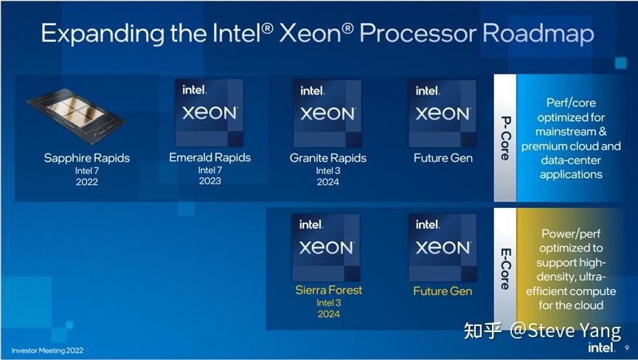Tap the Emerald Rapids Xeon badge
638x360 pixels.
(x=209, y=112)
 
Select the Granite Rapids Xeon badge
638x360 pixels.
(x=327, y=113)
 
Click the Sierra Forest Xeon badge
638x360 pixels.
(x=327, y=246)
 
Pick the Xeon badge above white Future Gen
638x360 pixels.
(x=442, y=113)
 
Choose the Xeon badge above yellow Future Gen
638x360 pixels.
(x=442, y=246)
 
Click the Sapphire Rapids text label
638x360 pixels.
(x=86, y=158)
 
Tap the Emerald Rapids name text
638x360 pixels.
(x=209, y=157)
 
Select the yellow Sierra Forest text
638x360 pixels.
(x=328, y=290)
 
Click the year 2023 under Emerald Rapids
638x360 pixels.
(x=209, y=181)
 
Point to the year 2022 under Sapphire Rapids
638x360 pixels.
(x=86, y=182)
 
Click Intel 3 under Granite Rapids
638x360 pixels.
(x=328, y=170)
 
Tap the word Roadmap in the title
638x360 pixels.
(x=538, y=33)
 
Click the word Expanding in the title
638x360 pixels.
(x=98, y=33)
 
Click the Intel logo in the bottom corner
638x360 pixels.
(x=600, y=346)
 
